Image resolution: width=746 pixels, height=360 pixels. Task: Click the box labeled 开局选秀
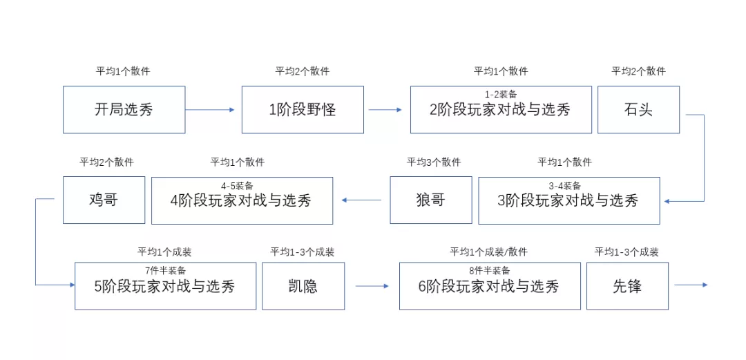(x=124, y=109)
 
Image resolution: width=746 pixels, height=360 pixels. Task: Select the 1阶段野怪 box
(x=303, y=109)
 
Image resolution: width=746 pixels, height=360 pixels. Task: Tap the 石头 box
(x=638, y=109)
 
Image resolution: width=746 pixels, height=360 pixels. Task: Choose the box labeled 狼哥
(x=431, y=200)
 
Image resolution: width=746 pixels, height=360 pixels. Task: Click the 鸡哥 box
(x=104, y=200)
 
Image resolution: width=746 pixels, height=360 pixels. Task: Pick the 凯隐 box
(x=303, y=286)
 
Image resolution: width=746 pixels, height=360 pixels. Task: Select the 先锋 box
(x=627, y=286)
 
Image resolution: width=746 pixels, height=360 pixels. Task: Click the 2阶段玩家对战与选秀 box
(x=501, y=111)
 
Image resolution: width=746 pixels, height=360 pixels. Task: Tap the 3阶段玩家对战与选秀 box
(x=568, y=201)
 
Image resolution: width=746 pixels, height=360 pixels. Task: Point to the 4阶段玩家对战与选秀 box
(x=242, y=201)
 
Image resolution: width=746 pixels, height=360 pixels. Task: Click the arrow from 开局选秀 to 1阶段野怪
(x=211, y=109)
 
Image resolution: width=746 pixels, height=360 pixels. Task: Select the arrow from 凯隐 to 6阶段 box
(x=372, y=286)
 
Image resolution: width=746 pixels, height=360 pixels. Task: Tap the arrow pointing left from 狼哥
(x=361, y=201)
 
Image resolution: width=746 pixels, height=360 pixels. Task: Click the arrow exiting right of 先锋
(x=691, y=285)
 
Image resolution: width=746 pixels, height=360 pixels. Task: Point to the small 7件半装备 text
(x=165, y=270)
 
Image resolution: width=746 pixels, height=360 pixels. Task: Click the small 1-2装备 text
(x=501, y=94)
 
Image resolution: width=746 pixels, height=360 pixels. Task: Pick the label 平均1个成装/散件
(x=488, y=252)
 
